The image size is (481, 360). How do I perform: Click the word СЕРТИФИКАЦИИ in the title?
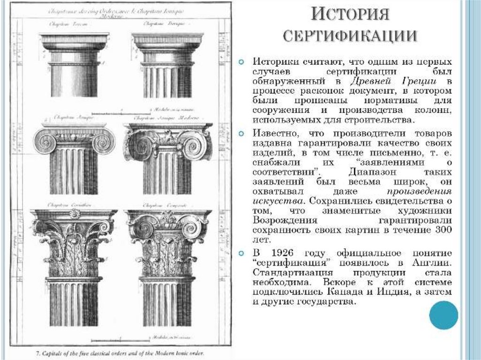[x=350, y=36]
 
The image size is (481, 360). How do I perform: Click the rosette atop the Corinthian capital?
[x=74, y=214]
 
